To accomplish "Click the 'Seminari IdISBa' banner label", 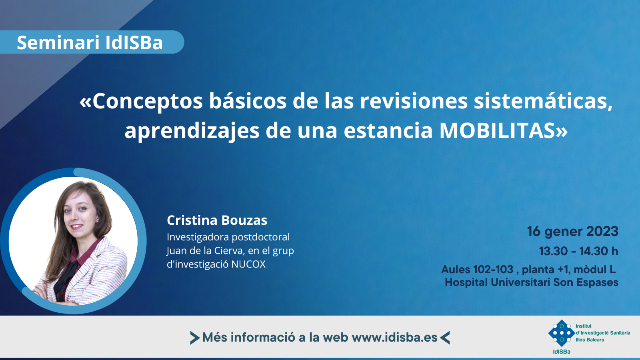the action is pyautogui.click(x=90, y=42).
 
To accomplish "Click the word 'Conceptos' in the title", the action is pyautogui.click(x=148, y=102).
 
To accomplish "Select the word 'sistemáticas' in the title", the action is pyautogui.click(x=543, y=101).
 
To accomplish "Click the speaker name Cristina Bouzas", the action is pyautogui.click(x=217, y=220).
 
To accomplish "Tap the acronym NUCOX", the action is pyautogui.click(x=248, y=264).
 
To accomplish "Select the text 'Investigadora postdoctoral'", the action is pyautogui.click(x=228, y=237).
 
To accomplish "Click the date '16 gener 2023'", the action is pyautogui.click(x=572, y=231).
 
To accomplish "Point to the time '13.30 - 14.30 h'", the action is pyautogui.click(x=578, y=251).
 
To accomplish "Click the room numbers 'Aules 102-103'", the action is pyautogui.click(x=478, y=269).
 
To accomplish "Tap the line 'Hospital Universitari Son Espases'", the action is pyautogui.click(x=532, y=282).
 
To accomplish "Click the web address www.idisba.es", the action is pyautogui.click(x=394, y=338).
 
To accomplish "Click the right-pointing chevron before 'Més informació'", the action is pyautogui.click(x=195, y=338).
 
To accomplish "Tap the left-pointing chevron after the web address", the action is pyautogui.click(x=445, y=338).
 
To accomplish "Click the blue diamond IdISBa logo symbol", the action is pyautogui.click(x=562, y=333).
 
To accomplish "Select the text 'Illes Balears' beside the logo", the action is pyautogui.click(x=590, y=340).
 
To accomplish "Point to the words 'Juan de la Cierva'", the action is pyautogui.click(x=205, y=250).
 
